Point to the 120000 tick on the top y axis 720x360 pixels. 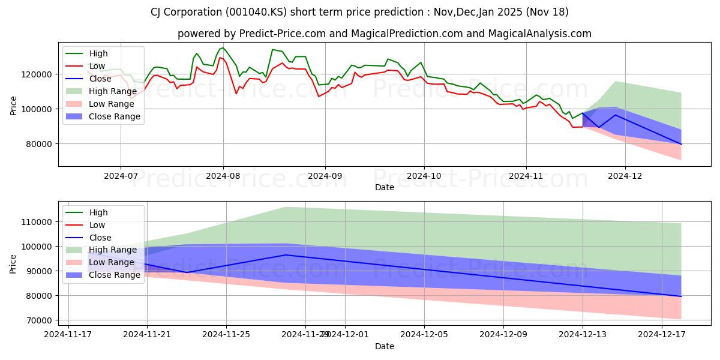click(x=38, y=74)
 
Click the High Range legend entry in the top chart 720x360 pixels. click(x=108, y=91)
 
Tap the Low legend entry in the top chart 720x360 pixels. click(x=97, y=66)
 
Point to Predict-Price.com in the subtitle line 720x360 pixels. click(x=283, y=34)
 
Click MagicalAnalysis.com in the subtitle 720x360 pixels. click(x=539, y=34)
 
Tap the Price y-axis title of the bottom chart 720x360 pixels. click(x=13, y=263)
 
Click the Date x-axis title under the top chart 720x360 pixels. click(x=385, y=187)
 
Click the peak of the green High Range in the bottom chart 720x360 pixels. click(x=286, y=207)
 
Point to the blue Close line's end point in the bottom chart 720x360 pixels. click(x=681, y=296)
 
